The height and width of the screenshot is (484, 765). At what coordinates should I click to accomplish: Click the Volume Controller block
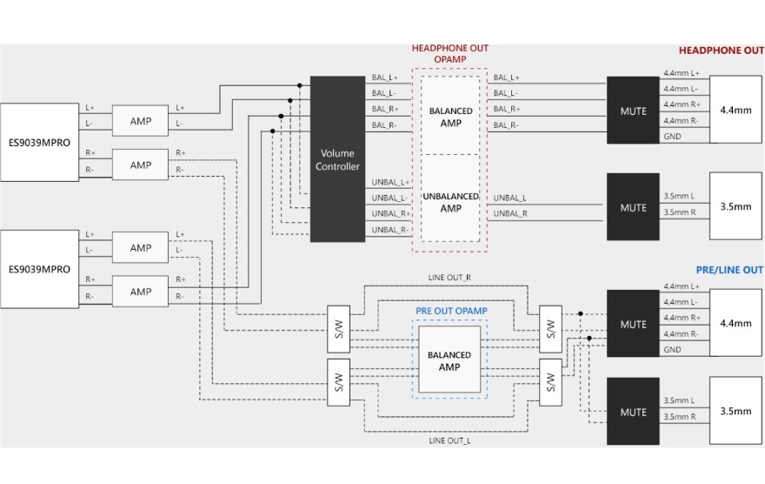337,158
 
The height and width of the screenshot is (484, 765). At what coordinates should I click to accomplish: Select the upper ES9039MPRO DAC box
39,142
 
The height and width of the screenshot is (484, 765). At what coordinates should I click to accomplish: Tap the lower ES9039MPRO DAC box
39,269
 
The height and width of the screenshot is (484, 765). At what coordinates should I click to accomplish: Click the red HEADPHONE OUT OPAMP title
450,54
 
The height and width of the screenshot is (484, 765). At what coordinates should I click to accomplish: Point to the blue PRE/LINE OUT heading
729,270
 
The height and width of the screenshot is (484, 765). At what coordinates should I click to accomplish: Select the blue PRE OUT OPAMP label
449,311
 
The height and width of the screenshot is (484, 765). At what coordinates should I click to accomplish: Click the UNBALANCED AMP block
450,202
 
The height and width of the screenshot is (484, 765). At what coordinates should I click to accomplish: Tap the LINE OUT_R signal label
450,277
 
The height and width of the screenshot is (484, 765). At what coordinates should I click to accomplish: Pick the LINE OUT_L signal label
450,440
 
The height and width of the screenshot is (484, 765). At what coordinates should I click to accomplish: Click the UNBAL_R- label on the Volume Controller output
390,230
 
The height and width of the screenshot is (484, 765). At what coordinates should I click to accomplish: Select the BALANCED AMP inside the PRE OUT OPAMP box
449,360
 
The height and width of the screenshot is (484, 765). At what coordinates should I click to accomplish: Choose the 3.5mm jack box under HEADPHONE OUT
735,207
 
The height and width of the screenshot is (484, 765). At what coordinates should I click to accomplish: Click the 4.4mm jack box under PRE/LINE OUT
735,323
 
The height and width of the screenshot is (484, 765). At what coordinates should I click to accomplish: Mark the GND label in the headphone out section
672,137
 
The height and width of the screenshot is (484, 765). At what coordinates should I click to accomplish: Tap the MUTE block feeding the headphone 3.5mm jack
633,207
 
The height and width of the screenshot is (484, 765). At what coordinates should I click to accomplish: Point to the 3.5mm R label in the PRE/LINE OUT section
680,417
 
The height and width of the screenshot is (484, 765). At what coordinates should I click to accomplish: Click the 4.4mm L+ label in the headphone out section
682,73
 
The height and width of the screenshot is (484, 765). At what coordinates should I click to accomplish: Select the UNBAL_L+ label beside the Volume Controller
390,182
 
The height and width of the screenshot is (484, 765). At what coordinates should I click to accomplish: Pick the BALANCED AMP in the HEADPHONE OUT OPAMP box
450,117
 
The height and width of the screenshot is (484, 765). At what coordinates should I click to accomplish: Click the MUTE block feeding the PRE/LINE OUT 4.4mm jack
633,324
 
